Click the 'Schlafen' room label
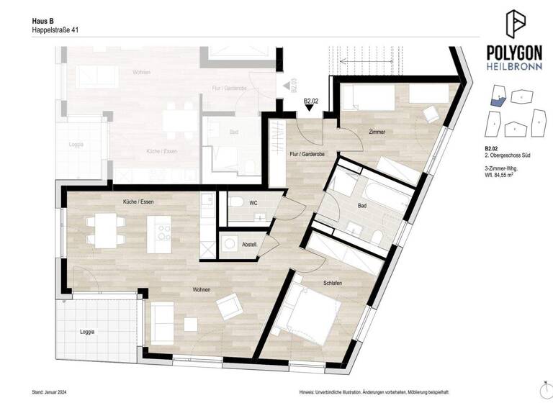tap(332, 284)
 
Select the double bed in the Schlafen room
tap(312, 313)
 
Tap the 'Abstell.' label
tap(248, 243)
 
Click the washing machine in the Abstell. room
tap(230, 245)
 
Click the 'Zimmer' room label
tap(377, 132)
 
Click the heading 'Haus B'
tap(43, 22)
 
